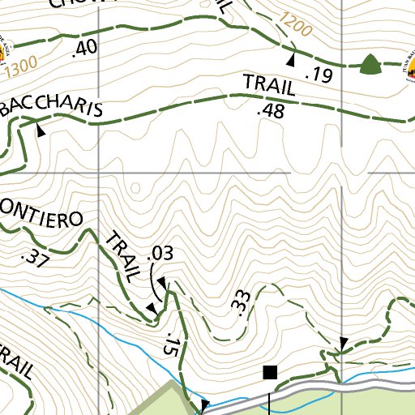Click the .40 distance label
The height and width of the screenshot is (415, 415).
click(84, 48)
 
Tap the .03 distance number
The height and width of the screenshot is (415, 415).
click(160, 255)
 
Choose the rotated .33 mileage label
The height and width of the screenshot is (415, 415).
click(240, 302)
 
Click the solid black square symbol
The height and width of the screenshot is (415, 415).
click(271, 372)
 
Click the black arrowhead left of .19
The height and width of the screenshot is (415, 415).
click(291, 59)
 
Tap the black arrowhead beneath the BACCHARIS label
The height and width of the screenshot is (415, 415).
click(41, 128)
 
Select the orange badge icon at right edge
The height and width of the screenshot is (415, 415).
click(408, 71)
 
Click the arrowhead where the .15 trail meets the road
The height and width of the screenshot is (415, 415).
click(204, 404)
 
